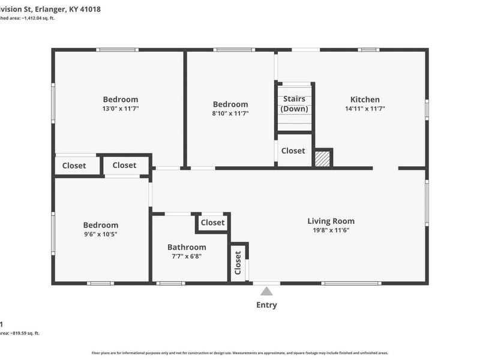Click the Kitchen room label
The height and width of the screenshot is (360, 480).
(x=365, y=100)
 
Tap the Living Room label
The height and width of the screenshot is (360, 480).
(x=331, y=221)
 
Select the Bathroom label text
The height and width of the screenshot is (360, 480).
(x=187, y=247)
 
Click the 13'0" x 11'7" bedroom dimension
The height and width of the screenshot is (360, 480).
(x=121, y=109)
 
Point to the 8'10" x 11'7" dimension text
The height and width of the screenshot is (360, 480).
(x=230, y=113)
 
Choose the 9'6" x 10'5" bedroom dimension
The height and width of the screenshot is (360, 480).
(x=100, y=234)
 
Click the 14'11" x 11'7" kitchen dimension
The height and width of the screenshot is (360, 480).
(x=365, y=109)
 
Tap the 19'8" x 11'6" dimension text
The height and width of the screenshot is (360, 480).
(x=331, y=230)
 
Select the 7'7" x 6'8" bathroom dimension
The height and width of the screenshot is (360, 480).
(x=187, y=256)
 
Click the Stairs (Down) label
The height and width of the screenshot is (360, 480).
(x=294, y=104)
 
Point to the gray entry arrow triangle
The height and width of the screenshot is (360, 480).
(x=266, y=291)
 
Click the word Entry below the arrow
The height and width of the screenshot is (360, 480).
(x=266, y=305)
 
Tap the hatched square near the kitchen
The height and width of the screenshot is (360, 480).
(x=323, y=158)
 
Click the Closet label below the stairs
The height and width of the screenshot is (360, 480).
(x=293, y=151)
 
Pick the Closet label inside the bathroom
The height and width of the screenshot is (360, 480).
(x=212, y=223)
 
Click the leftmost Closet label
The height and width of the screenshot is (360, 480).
(x=74, y=166)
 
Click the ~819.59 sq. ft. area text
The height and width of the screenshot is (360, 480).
(x=27, y=333)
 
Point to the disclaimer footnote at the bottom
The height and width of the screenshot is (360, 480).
(x=240, y=353)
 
